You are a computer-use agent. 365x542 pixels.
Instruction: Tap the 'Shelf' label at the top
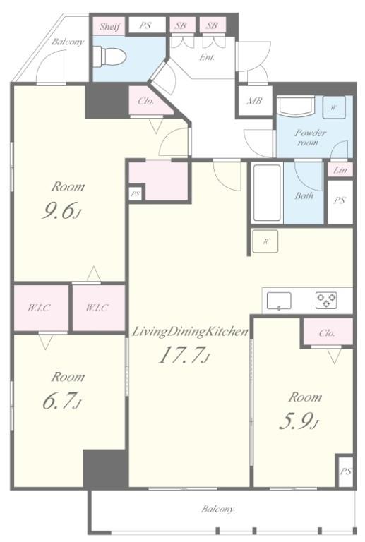pyautogui.click(x=109, y=26)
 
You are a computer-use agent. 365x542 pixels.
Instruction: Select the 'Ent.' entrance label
pyautogui.click(x=207, y=57)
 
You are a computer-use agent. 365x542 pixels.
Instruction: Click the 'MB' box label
pyautogui.click(x=254, y=101)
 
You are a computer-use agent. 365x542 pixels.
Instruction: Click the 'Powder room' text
pyautogui.click(x=310, y=137)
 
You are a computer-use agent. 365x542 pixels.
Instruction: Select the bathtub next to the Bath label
pyautogui.click(x=267, y=193)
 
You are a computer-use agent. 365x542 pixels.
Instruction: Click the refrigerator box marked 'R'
pyautogui.click(x=265, y=241)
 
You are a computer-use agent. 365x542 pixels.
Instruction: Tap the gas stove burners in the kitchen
pyautogui.click(x=326, y=300)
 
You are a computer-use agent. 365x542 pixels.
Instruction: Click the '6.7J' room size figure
pyautogui.click(x=60, y=400)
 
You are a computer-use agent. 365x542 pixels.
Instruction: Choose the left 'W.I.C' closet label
pyautogui.click(x=39, y=308)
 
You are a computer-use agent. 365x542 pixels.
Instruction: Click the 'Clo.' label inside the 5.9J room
pyautogui.click(x=327, y=333)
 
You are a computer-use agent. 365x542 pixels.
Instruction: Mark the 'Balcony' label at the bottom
pyautogui.click(x=217, y=508)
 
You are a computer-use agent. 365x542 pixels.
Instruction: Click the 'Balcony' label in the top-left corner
pyautogui.click(x=68, y=42)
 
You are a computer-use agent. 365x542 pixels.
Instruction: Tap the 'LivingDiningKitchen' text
pyautogui.click(x=189, y=331)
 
